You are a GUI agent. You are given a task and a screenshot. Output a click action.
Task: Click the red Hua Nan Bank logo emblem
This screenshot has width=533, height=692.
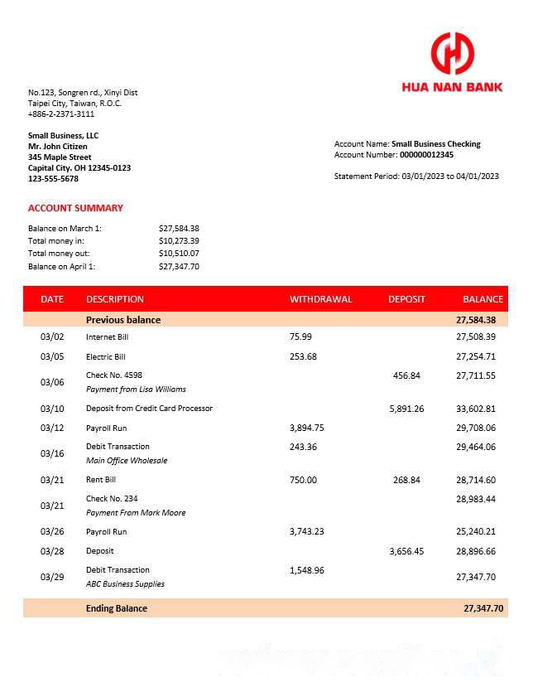coord(452,53)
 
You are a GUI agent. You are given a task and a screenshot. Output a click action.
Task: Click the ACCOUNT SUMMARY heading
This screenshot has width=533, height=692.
coord(75,208)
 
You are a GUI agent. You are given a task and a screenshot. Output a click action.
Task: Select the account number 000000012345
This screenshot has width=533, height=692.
coord(426,155)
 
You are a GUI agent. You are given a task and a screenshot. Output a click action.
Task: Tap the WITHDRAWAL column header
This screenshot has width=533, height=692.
coord(320,299)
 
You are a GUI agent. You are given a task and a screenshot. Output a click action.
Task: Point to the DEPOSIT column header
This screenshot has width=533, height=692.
coord(406,299)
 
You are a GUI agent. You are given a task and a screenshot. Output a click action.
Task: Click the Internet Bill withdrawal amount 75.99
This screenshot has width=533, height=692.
coord(301,337)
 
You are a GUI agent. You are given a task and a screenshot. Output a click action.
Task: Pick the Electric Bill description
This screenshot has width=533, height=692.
coord(105,357)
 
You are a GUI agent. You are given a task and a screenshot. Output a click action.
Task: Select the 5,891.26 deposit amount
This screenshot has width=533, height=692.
coord(406,409)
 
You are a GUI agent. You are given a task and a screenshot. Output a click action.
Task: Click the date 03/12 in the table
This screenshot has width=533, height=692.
coord(52,428)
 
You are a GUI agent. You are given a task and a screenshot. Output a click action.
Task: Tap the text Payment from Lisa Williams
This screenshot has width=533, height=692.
coord(136,389)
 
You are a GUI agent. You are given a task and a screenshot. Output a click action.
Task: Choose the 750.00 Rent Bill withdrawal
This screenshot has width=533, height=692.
coord(303,480)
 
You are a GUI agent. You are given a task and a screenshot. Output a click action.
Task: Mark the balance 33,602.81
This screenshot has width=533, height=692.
coord(476,409)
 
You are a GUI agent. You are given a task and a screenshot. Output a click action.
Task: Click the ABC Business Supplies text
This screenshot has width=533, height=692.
coord(125,583)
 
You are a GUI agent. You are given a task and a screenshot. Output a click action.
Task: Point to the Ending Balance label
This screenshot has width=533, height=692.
coord(117,608)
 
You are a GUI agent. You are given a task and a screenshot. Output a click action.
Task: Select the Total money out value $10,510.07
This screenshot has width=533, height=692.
coord(179,254)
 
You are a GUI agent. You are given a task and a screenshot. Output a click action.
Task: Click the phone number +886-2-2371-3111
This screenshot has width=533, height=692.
coord(61,114)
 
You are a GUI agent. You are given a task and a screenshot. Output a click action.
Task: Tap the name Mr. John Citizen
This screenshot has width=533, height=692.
coord(58,147)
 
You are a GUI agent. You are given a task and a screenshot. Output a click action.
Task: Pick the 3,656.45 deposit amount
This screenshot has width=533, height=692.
coord(406,551)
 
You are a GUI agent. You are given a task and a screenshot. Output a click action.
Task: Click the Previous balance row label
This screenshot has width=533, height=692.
coord(123,320)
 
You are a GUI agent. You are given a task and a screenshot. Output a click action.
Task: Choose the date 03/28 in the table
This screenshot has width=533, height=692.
coord(52,551)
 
